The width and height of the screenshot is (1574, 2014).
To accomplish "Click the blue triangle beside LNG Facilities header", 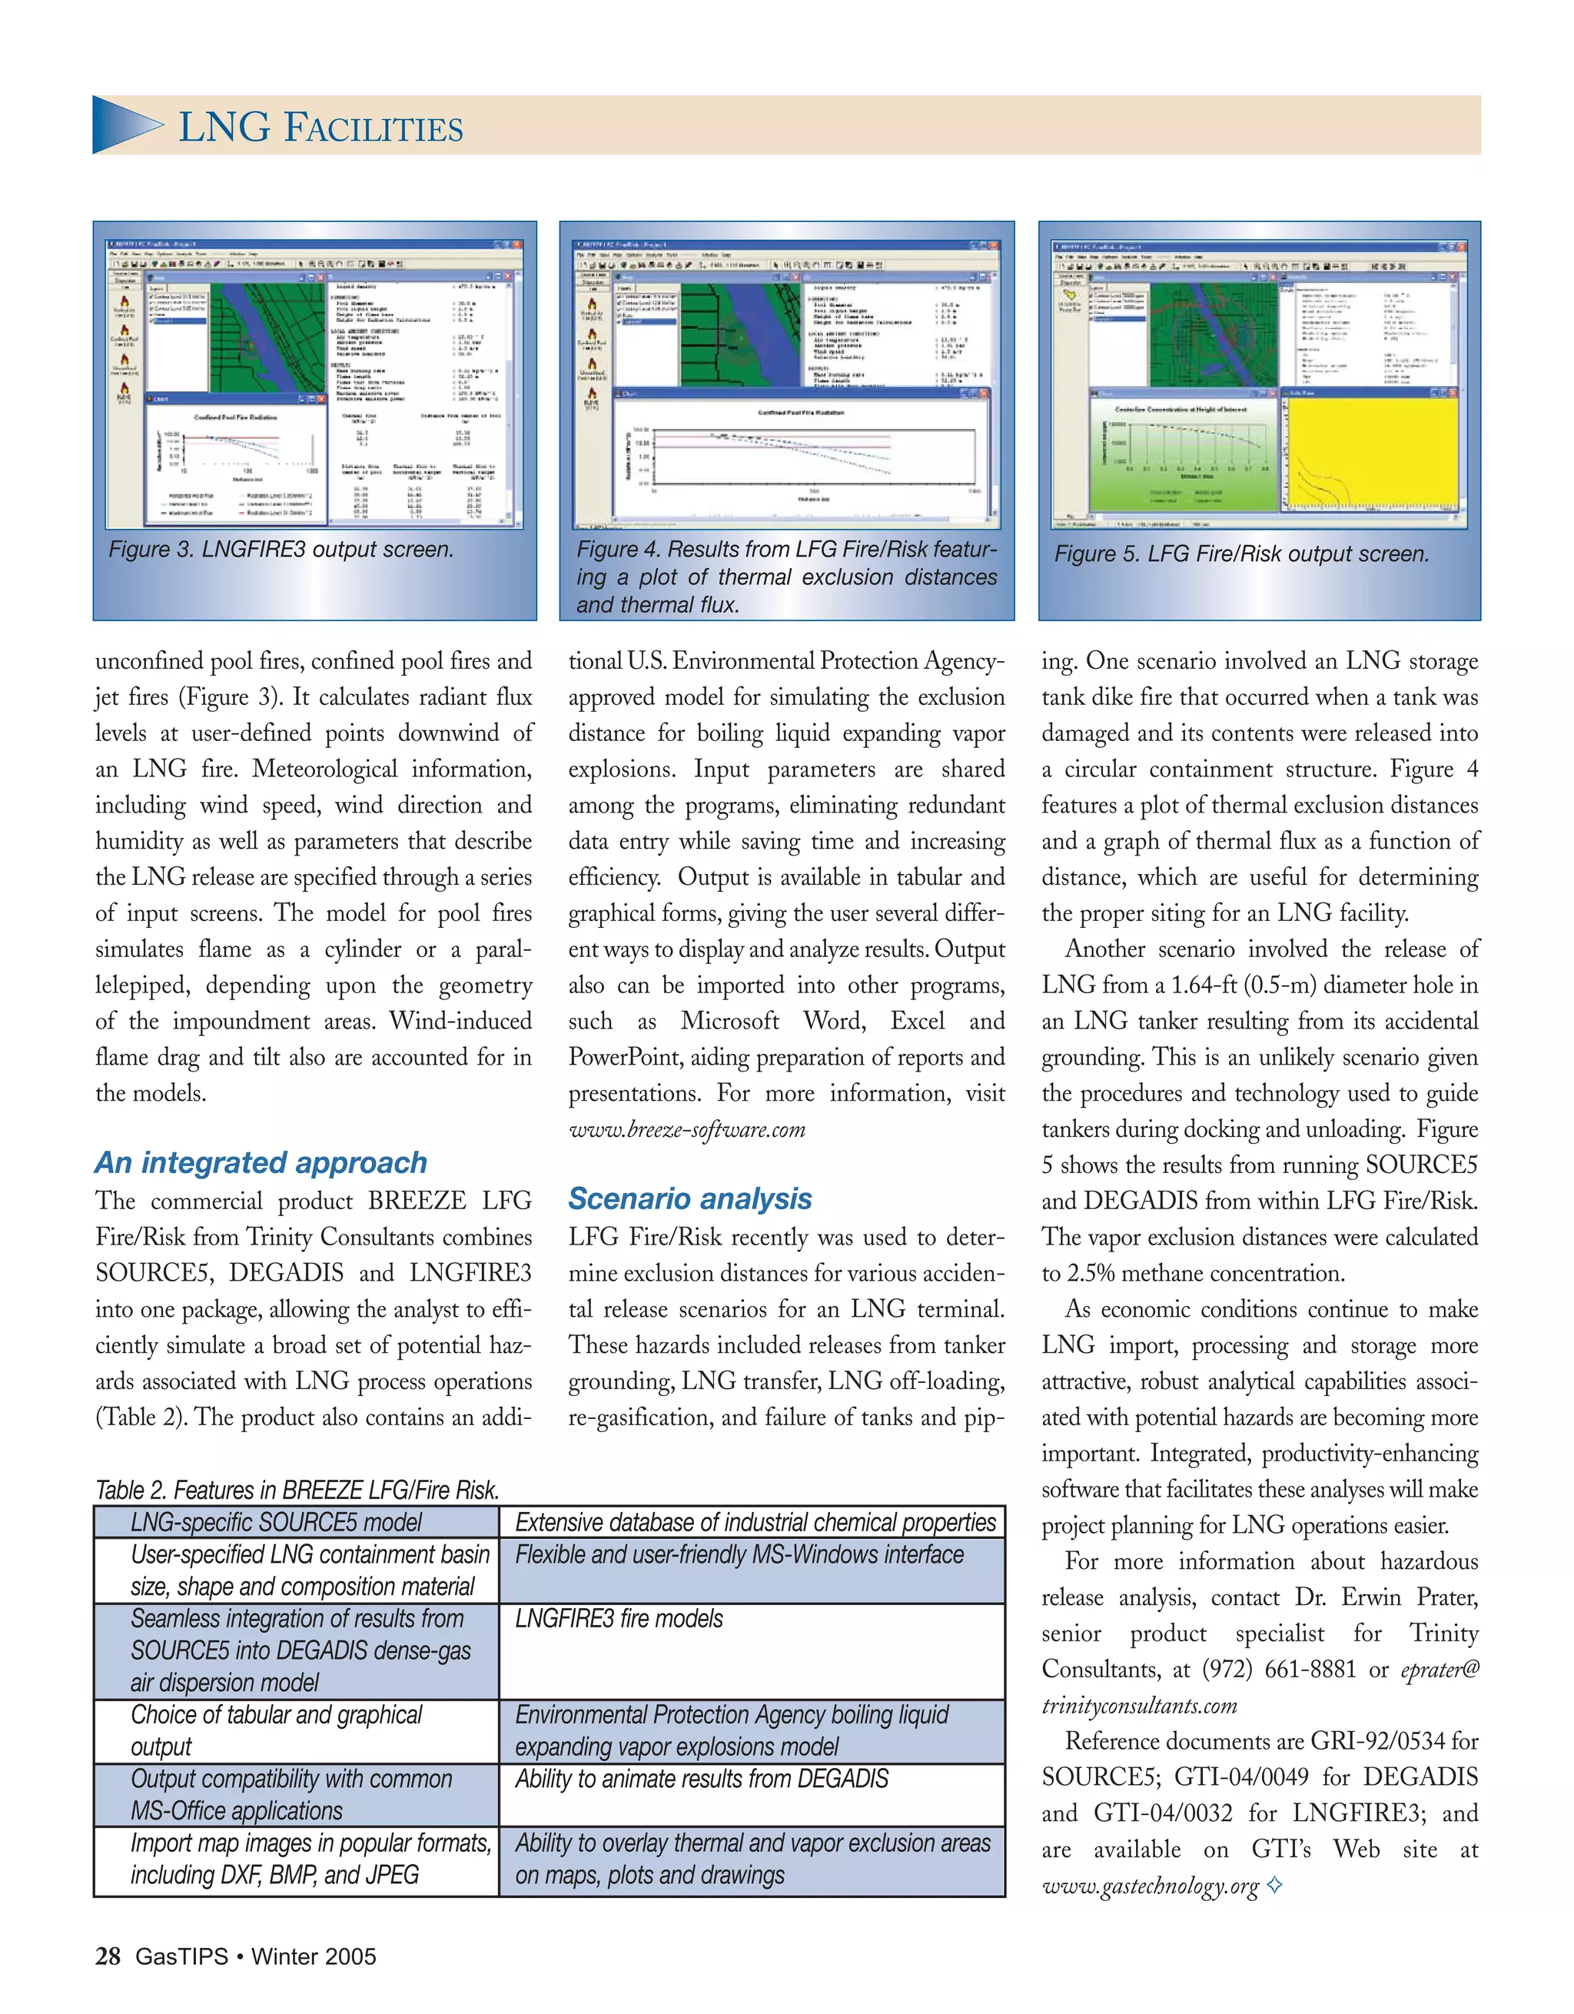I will click(x=124, y=125).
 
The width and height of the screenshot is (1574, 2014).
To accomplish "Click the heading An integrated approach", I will click(x=261, y=1163).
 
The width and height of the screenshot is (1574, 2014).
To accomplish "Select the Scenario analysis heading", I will click(x=689, y=1199).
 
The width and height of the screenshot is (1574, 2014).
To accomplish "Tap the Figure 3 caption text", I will click(x=281, y=550).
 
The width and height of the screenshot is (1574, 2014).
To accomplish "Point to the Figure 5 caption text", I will click(x=1241, y=554).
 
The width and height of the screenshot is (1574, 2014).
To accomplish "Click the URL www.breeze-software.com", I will click(x=687, y=1130).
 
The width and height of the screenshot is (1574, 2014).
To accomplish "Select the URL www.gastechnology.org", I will click(x=1150, y=1886).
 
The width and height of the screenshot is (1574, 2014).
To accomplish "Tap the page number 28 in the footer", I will click(x=108, y=1957).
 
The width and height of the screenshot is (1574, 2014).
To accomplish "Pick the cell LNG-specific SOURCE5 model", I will click(x=276, y=1523).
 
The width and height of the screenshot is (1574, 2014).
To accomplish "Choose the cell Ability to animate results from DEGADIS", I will click(x=702, y=1779).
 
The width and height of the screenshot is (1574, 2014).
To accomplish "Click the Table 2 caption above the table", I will click(x=297, y=1491).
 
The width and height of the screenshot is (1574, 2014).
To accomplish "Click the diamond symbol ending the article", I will click(x=1274, y=1886).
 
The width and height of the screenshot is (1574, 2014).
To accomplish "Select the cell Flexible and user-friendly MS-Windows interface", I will click(x=739, y=1555).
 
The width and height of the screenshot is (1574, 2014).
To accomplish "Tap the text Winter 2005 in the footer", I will click(x=314, y=1957).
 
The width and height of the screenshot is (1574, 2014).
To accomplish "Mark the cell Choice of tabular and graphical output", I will click(x=276, y=1731).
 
